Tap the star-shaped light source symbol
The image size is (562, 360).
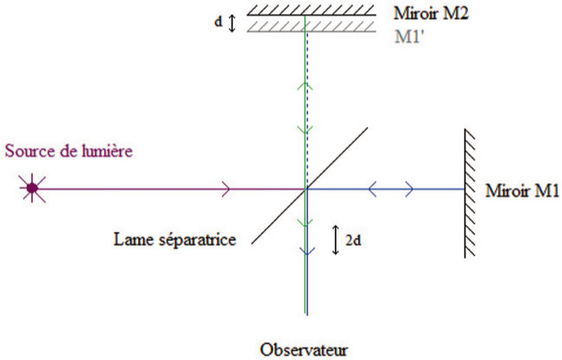pyautogui.click(x=33, y=186)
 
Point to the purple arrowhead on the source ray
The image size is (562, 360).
pyautogui.click(x=226, y=186)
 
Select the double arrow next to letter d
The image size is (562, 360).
pyautogui.click(x=231, y=21)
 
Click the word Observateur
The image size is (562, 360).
pyautogui.click(x=300, y=350)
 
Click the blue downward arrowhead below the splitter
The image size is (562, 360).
pyautogui.click(x=306, y=252)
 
